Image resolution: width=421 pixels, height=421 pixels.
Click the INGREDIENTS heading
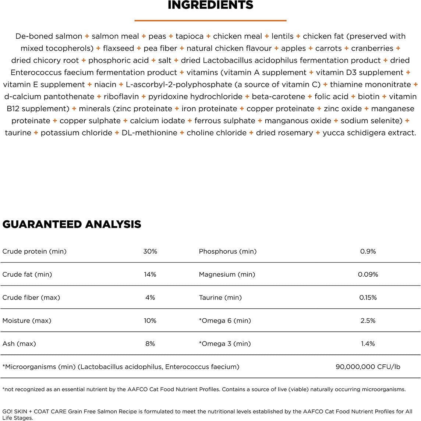coord(210,5)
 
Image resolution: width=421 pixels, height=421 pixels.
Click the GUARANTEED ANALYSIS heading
coord(72,224)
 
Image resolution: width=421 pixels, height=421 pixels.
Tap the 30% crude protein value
coord(150,251)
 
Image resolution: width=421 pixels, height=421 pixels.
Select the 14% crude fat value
coord(150,274)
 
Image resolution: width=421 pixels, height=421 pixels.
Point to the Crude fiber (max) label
coord(31,297)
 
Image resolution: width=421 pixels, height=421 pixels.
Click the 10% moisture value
coord(150,321)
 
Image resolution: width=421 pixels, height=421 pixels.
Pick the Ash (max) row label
coord(19,343)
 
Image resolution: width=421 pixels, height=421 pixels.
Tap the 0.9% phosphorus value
coord(368,251)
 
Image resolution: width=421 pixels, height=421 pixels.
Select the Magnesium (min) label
coord(227,274)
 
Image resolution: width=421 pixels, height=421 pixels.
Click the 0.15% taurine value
coord(368,297)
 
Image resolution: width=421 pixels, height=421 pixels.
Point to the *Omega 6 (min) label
coord(225,321)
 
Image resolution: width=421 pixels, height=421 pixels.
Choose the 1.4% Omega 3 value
coord(368,343)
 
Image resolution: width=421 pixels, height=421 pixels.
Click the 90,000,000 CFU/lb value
coord(368,367)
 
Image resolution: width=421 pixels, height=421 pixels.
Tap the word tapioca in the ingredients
coord(190,36)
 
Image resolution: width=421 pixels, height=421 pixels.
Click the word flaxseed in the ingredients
coord(118,48)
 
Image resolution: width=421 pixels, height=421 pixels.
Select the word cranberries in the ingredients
coord(372,48)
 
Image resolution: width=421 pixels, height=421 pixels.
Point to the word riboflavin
coord(121,96)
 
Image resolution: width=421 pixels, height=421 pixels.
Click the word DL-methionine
coord(149,132)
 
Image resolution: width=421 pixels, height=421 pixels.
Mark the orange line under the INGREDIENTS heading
coord(210,20)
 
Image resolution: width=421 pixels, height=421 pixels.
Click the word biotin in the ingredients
coord(369,96)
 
